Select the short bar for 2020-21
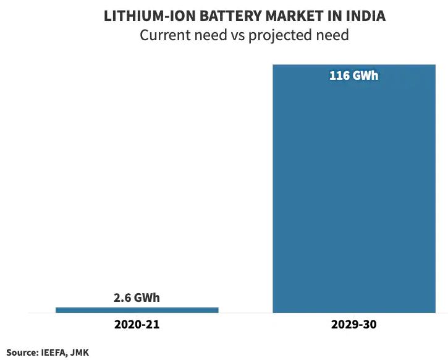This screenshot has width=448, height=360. (x=137, y=310)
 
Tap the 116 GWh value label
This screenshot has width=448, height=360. (x=353, y=77)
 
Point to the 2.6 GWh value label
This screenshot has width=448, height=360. (x=137, y=298)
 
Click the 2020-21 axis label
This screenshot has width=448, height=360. (x=137, y=325)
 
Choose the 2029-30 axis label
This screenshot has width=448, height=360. (x=353, y=325)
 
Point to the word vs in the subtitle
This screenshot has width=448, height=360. (x=236, y=35)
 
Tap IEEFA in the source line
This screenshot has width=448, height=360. (x=56, y=352)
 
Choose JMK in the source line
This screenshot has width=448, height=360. (x=80, y=352)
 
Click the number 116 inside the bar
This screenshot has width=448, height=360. (x=339, y=77)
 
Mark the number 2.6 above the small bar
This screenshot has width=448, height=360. (x=122, y=298)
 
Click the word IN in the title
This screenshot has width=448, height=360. (x=336, y=17)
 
